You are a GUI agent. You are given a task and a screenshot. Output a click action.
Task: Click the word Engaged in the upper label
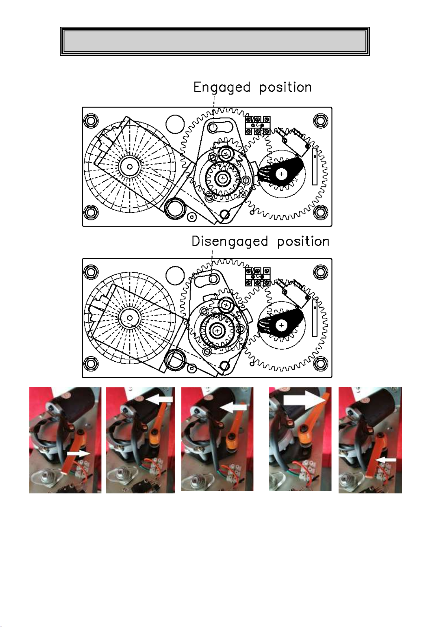[221, 88]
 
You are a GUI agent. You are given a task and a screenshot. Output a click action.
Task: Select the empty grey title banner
[215, 41]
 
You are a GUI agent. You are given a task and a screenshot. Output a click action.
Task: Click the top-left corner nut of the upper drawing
[91, 121]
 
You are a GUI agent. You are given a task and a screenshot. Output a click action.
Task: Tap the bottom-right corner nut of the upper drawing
[321, 212]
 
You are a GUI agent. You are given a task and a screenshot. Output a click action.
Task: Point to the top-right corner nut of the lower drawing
[321, 272]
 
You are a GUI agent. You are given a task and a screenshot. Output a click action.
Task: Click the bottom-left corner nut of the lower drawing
[91, 364]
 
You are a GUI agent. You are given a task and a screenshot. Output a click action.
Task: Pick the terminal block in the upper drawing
[258, 125]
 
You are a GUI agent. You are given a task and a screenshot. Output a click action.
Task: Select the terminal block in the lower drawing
[258, 277]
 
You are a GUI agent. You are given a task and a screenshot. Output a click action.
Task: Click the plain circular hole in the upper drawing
[175, 124]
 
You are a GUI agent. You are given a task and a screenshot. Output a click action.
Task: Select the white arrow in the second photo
[160, 399]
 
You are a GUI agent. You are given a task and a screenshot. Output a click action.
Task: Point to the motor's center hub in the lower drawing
[130, 318]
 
